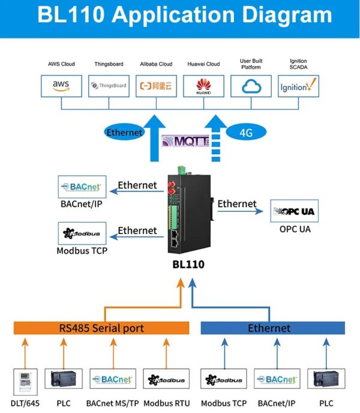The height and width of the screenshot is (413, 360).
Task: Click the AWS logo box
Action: point(61,86)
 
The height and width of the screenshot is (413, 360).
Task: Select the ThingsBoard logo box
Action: point(109,86)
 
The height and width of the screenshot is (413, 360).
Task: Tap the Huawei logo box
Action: point(203,86)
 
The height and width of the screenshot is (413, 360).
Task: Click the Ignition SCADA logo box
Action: point(299,86)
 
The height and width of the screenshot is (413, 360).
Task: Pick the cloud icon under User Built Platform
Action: point(251,86)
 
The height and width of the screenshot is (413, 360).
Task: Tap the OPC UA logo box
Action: point(294,211)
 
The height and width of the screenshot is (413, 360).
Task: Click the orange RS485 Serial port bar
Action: point(101,328)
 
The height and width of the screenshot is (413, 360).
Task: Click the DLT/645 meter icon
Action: point(25,381)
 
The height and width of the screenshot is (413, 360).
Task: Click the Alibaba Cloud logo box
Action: point(156,86)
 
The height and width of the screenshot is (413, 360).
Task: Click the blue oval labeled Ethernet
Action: point(125,132)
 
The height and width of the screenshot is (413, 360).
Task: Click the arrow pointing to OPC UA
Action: point(240,211)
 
